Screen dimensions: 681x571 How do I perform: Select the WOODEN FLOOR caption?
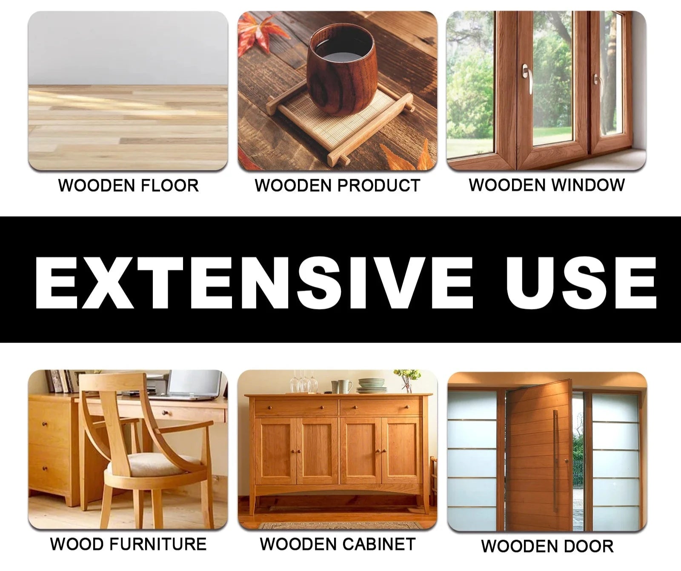[x=128, y=186]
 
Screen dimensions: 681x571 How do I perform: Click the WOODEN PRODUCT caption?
[x=338, y=186]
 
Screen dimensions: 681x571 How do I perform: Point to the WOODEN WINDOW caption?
[x=547, y=185]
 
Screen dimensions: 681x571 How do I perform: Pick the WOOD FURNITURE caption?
[x=128, y=544]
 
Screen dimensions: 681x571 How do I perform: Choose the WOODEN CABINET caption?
[x=338, y=544]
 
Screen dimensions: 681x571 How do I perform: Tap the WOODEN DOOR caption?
[x=547, y=546]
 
